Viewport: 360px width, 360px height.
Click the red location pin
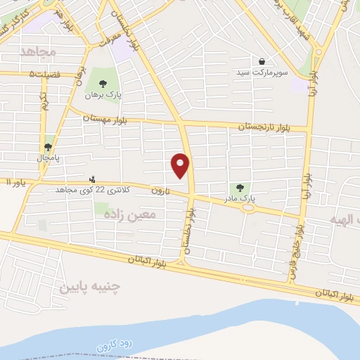(x=181, y=165)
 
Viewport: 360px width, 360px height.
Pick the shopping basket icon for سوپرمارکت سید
(x=262, y=61)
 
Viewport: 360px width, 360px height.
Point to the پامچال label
(x=49, y=157)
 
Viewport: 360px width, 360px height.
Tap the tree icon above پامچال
(x=48, y=147)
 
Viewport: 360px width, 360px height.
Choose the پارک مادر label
(x=239, y=199)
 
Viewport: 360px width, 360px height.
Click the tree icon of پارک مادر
(x=240, y=188)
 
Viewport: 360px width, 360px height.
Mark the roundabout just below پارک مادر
(x=247, y=208)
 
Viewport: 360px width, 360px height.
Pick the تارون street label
(x=161, y=191)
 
